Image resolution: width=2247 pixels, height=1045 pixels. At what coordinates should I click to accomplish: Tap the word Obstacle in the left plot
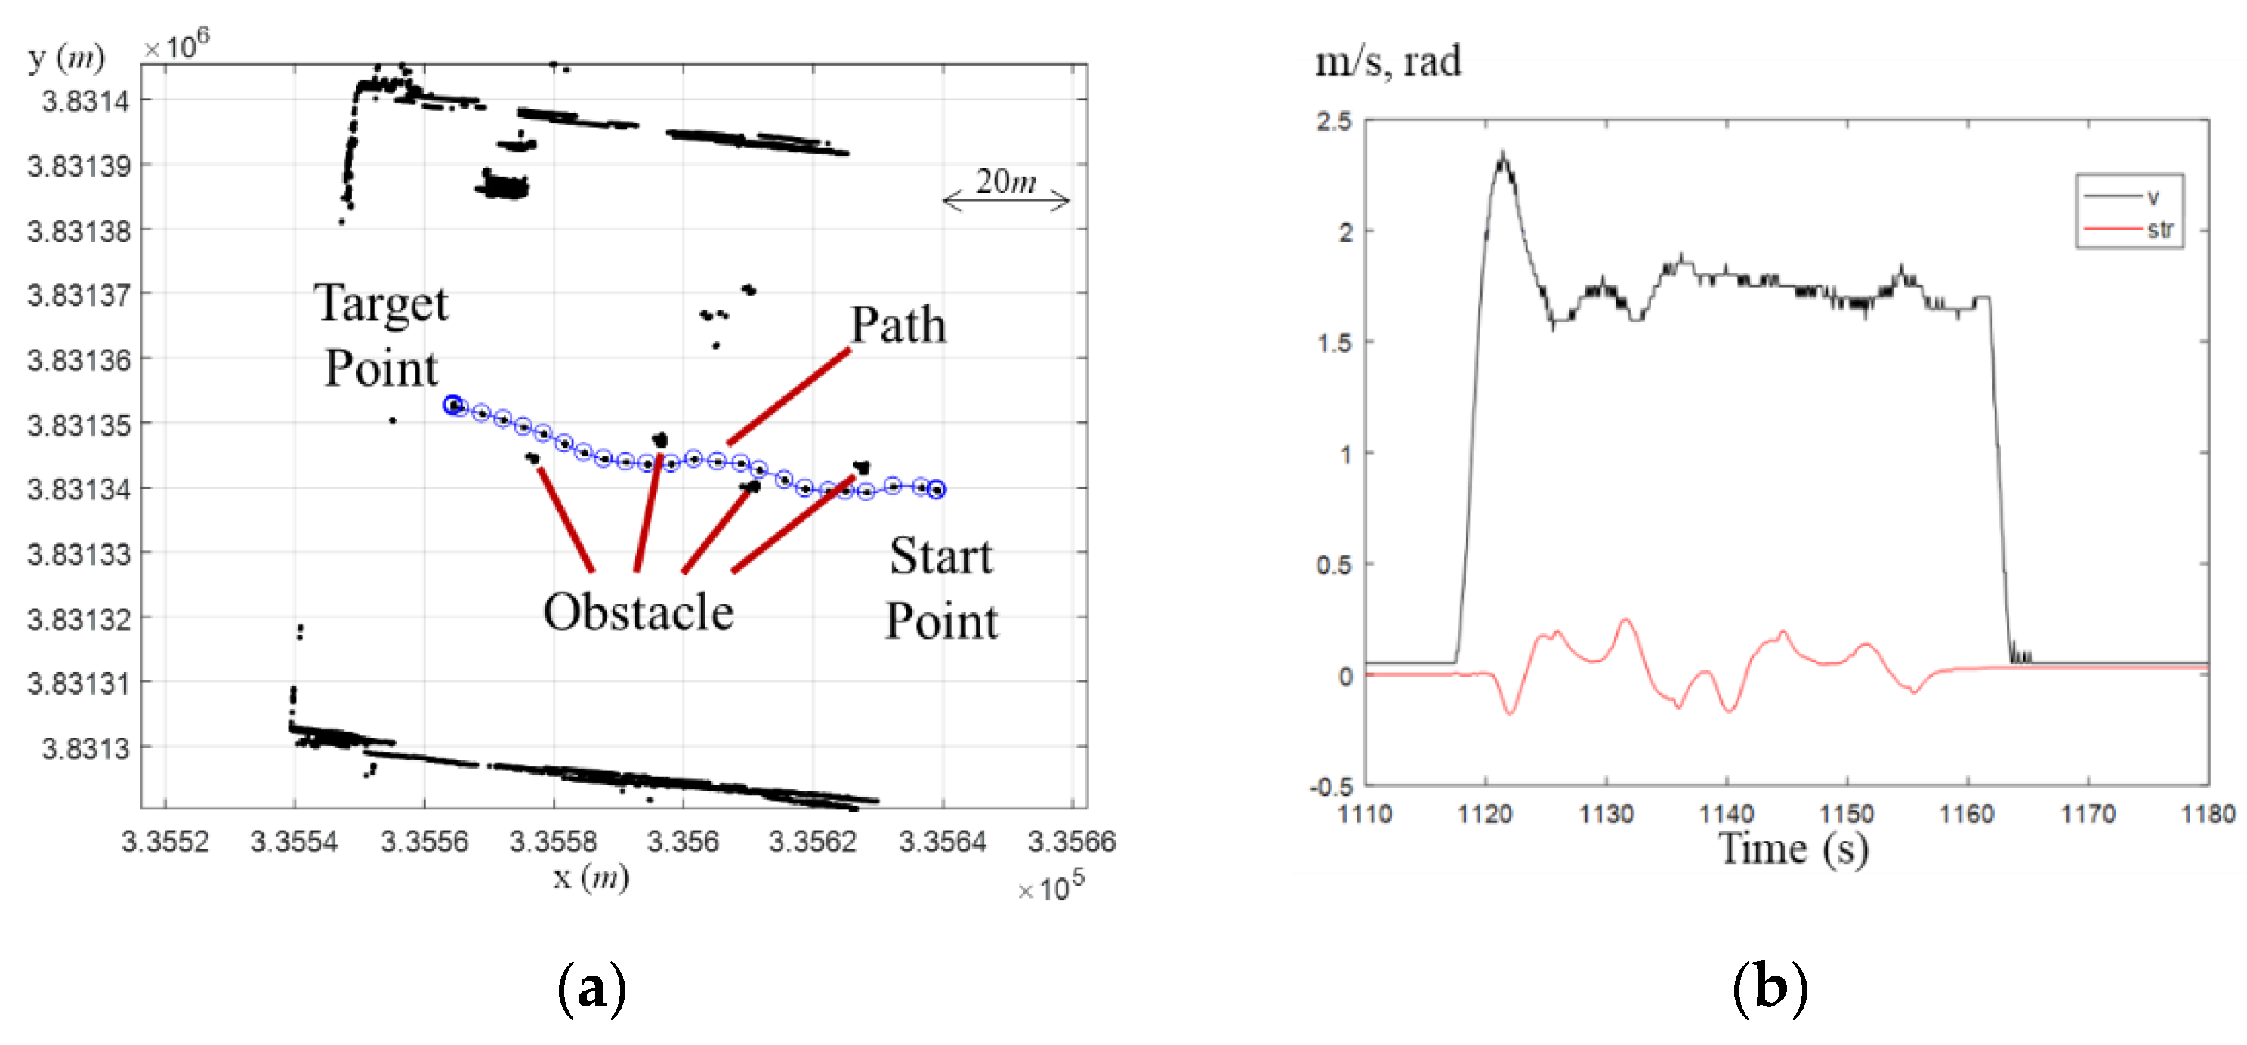pyautogui.click(x=637, y=612)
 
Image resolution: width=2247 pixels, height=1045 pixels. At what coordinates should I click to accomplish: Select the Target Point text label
pyautogui.click(x=381, y=335)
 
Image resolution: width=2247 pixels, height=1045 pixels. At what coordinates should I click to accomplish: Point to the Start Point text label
pyautogui.click(x=941, y=589)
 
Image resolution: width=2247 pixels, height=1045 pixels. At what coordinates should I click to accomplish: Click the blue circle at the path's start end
pyautogui.click(x=936, y=489)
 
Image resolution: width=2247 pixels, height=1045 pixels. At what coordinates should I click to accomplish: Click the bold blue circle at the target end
pyautogui.click(x=452, y=405)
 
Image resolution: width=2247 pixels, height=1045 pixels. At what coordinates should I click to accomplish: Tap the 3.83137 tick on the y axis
pyautogui.click(x=79, y=294)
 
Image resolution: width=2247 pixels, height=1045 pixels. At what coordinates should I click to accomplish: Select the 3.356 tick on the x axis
pyautogui.click(x=682, y=842)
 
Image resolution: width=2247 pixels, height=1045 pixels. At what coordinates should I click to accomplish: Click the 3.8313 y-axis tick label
pyautogui.click(x=85, y=748)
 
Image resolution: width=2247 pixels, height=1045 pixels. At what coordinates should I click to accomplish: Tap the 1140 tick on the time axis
pyautogui.click(x=1727, y=815)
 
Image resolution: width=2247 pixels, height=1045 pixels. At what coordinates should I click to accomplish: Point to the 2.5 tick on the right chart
pyautogui.click(x=1335, y=122)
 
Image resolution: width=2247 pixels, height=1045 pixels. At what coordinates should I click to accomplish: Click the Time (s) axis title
pyautogui.click(x=1793, y=849)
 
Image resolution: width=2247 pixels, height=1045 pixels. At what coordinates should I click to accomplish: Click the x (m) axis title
pyautogui.click(x=591, y=877)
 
